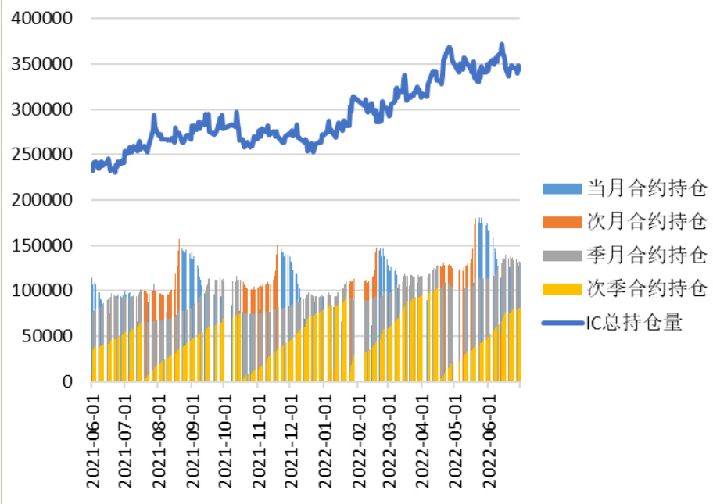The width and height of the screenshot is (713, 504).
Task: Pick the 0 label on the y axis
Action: (69, 382)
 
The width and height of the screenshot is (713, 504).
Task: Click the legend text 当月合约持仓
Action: (647, 188)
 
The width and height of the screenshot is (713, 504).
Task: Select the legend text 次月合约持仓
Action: (647, 222)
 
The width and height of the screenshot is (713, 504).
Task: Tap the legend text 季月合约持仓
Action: (647, 256)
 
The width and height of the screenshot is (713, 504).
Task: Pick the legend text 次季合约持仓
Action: (647, 289)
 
